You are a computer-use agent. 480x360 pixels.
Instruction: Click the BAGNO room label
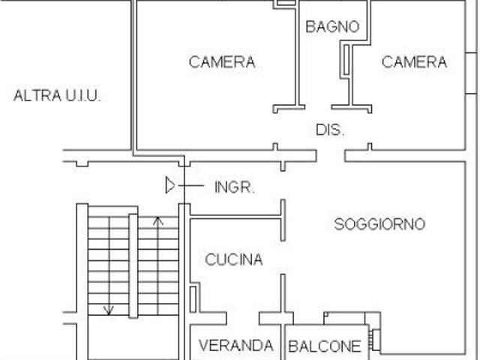click(332, 26)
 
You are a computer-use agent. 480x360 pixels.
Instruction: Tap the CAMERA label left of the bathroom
click(221, 61)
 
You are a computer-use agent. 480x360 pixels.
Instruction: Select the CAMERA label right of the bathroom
click(414, 61)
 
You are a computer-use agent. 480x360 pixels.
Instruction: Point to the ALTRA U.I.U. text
click(58, 96)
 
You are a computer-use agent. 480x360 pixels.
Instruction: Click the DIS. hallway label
click(330, 130)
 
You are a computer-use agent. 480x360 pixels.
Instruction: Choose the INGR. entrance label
click(235, 187)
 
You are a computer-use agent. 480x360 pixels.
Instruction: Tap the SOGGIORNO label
click(379, 223)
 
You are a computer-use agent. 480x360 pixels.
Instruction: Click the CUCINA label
click(234, 260)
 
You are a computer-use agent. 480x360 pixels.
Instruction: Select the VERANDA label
click(235, 346)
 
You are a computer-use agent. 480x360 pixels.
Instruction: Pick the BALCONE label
click(325, 346)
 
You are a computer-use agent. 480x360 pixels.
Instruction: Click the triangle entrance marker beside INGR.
click(171, 184)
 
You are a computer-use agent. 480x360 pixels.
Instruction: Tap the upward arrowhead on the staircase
click(157, 220)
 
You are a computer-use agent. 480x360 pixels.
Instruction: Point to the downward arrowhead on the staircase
click(109, 309)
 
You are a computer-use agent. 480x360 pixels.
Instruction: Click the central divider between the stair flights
click(133, 265)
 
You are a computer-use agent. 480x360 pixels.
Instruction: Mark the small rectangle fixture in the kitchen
click(193, 298)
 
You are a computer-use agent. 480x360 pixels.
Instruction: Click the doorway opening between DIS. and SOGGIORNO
click(334, 156)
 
